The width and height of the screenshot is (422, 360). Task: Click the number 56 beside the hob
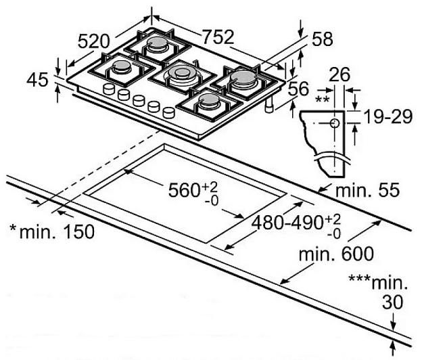298,89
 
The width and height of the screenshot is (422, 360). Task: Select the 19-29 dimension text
387,117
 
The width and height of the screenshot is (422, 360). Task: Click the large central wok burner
179,71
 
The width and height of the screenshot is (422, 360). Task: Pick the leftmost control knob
108,89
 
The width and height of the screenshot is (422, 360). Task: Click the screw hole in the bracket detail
335,122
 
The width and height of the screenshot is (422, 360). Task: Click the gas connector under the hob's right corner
271,106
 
